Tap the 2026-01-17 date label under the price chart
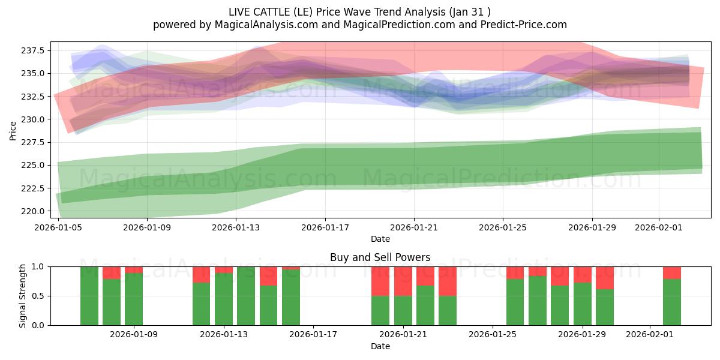(x=325, y=227)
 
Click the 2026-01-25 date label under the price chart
(x=503, y=227)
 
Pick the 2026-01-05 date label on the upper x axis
(x=58, y=227)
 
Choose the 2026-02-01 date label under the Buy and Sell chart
(x=650, y=335)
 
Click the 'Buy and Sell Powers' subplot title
(x=380, y=257)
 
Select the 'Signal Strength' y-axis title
(x=23, y=296)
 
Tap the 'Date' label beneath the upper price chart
(x=380, y=239)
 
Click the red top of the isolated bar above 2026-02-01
(x=672, y=272)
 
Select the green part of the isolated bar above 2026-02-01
(x=672, y=302)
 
